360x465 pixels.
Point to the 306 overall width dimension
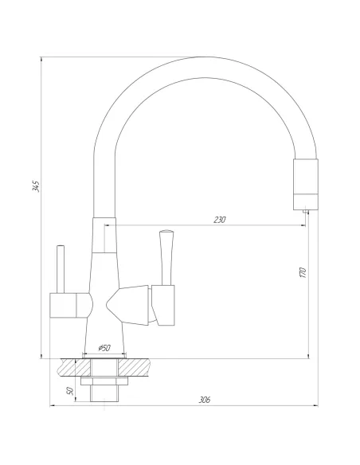205,401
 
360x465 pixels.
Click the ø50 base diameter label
104,348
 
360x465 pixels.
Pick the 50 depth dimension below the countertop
70,391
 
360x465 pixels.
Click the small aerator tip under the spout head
305,210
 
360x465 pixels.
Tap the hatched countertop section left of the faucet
67,368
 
